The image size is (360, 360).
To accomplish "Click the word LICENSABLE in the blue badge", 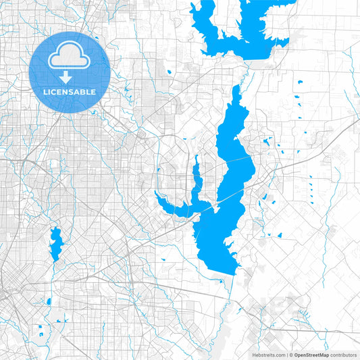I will click(x=70, y=91).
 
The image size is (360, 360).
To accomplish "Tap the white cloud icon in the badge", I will click(x=70, y=58).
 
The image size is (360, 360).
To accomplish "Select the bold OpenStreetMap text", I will click(x=311, y=355).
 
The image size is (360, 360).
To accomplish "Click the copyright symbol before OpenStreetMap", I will click(x=291, y=355).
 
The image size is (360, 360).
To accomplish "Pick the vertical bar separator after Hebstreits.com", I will click(x=286, y=355).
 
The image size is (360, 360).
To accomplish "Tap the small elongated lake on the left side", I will click(x=55, y=243).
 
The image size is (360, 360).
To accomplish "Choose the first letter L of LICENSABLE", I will click(x=45, y=91).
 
